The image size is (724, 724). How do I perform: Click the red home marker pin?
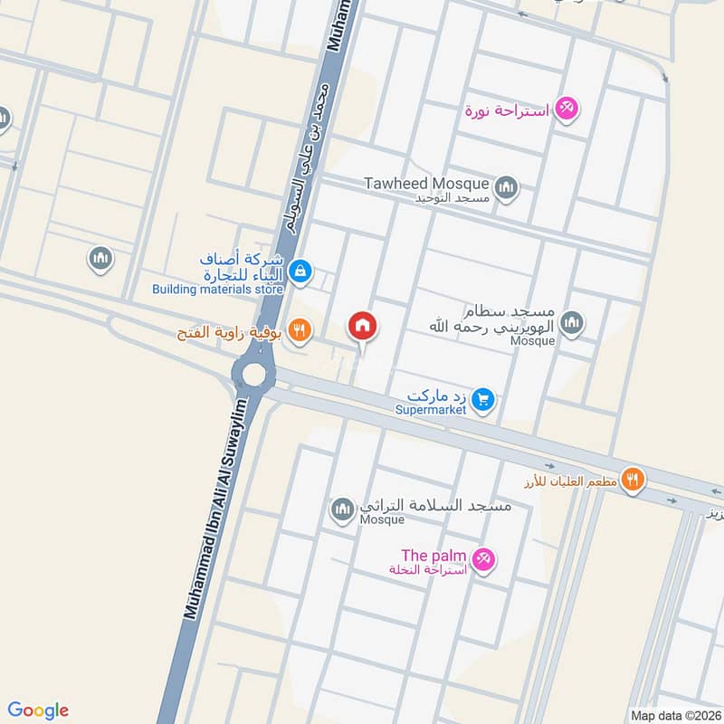363,326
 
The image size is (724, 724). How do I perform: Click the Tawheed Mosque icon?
506,187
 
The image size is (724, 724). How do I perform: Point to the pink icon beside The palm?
484,560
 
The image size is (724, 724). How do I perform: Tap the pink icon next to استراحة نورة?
567,109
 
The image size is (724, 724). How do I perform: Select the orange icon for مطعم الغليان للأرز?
633,480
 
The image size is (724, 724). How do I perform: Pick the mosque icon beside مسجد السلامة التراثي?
342,510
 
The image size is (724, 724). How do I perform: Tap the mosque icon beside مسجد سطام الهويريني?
571,322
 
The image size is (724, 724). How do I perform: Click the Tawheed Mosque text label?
426,184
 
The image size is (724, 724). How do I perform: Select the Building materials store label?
217,290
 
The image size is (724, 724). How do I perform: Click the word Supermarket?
431,410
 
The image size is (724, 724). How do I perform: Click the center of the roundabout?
252,373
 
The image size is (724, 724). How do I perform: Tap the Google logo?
38,710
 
